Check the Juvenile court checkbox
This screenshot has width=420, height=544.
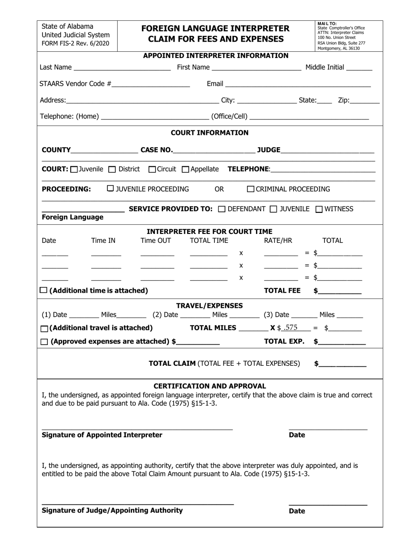click(x=74, y=169)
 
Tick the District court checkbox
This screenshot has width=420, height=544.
click(x=112, y=169)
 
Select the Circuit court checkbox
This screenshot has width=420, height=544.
click(x=152, y=169)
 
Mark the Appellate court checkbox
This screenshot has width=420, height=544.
click(x=186, y=169)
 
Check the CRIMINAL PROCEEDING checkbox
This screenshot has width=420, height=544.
click(x=251, y=189)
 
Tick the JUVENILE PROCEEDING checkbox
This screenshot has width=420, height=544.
click(x=111, y=189)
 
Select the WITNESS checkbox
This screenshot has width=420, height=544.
click(x=319, y=209)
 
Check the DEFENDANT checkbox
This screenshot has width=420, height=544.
click(x=222, y=209)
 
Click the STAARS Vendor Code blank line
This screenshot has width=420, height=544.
click(x=151, y=84)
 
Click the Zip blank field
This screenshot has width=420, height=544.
click(x=364, y=101)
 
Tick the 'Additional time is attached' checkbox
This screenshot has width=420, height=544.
click(x=44, y=291)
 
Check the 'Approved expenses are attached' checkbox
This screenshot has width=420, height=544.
click(x=45, y=342)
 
